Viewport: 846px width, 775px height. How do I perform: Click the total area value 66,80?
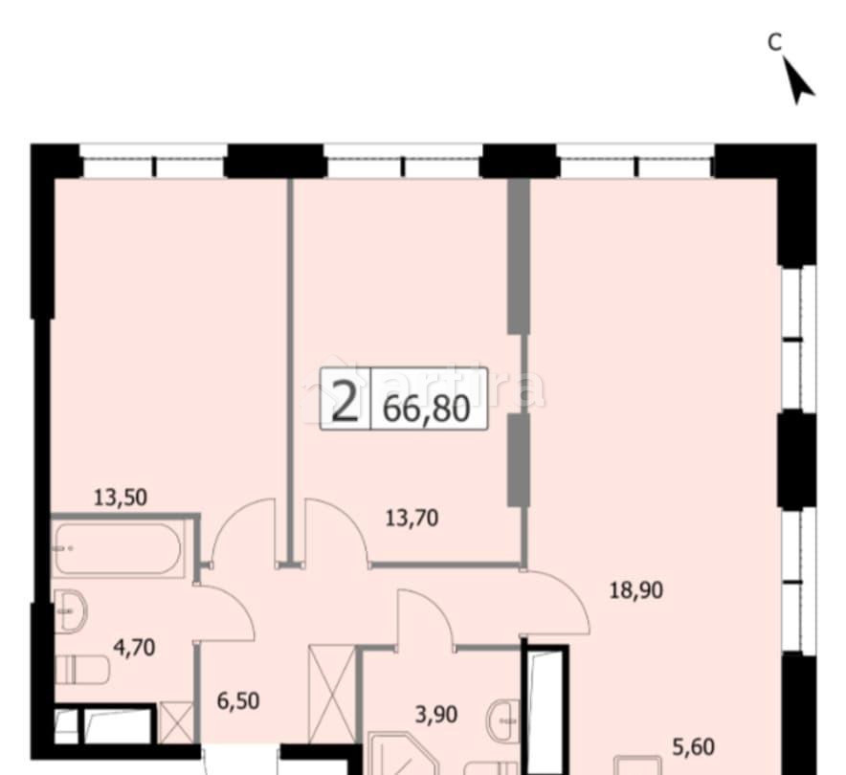(x=427, y=409)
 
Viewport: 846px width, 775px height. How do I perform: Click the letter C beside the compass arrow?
(x=775, y=41)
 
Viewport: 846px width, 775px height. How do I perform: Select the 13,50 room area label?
(x=120, y=497)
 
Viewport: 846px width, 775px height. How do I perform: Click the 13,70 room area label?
(x=412, y=519)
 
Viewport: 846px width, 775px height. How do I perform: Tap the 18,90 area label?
(x=636, y=589)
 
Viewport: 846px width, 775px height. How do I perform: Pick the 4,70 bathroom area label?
(x=134, y=648)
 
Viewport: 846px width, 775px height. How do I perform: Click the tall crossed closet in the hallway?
(x=331, y=695)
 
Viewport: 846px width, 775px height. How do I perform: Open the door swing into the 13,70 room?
(x=335, y=531)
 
